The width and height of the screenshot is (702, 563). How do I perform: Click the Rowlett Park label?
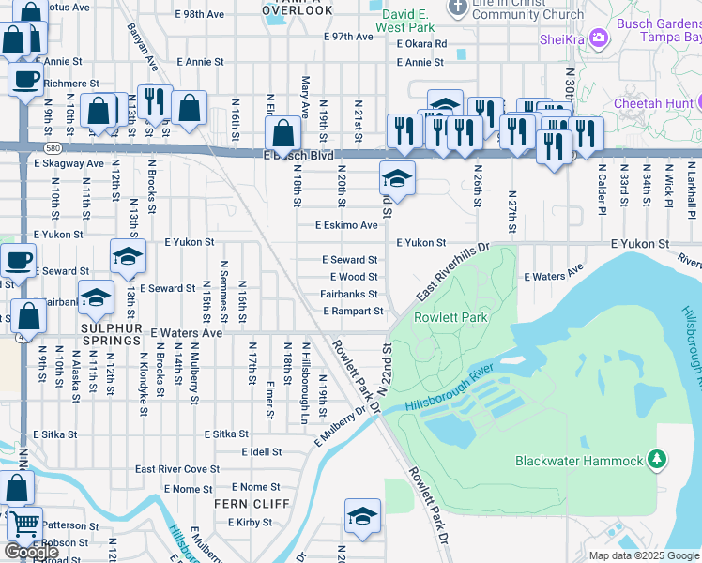450,317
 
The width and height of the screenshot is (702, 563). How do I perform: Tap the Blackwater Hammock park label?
579,461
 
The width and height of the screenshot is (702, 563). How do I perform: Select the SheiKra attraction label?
562,38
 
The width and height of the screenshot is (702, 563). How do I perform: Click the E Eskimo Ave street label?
346,225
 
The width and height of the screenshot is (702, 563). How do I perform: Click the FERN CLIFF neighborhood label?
242,504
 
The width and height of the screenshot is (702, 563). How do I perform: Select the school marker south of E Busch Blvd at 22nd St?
397,177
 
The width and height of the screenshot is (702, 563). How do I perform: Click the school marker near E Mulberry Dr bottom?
362,515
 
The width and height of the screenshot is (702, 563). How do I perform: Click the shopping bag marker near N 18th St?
282,132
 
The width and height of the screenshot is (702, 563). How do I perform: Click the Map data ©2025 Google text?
644,555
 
